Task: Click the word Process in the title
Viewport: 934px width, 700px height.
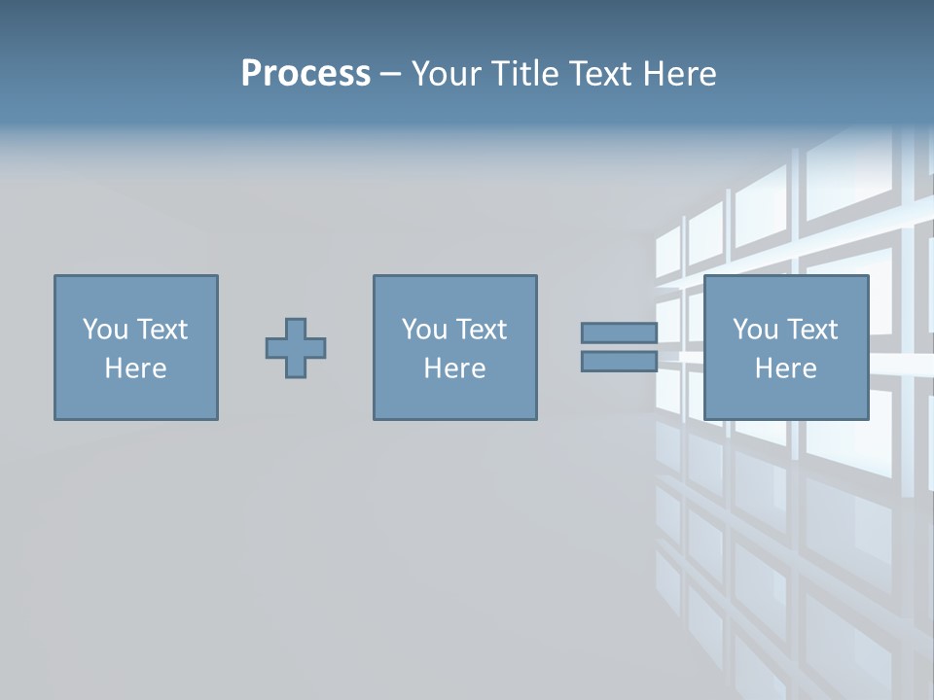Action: (x=305, y=73)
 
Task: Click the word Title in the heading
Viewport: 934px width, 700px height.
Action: (x=526, y=73)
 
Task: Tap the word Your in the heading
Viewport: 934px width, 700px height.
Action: (x=447, y=73)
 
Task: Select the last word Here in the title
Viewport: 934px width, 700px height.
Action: (x=678, y=73)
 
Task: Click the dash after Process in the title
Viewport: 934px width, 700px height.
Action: (x=390, y=74)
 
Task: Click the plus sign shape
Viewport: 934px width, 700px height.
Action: (x=296, y=348)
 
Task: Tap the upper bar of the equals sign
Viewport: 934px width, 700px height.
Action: (x=619, y=332)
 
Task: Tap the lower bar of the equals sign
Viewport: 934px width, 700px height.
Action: (x=619, y=362)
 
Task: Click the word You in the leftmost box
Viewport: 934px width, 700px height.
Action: (x=104, y=330)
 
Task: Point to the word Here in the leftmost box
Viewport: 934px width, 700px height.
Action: (x=136, y=368)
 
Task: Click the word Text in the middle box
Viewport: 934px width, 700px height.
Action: (x=482, y=330)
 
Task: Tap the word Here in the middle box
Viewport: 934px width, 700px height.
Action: (x=455, y=368)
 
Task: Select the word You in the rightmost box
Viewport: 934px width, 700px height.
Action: (x=754, y=330)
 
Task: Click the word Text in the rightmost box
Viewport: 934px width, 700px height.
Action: (x=812, y=330)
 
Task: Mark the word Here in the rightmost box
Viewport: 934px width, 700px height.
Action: (x=786, y=368)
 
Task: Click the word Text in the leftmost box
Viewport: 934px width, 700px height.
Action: (x=162, y=330)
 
